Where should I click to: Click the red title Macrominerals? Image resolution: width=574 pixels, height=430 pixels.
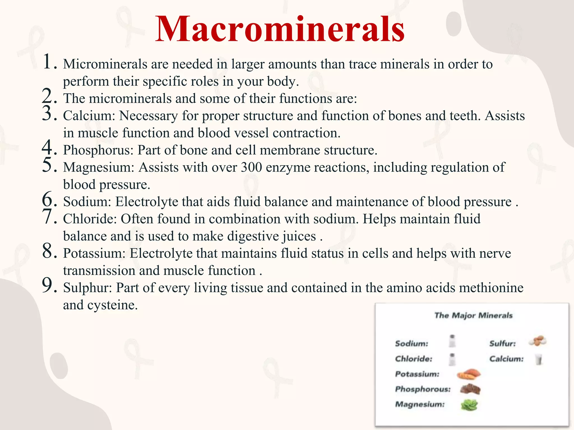pyautogui.click(x=280, y=29)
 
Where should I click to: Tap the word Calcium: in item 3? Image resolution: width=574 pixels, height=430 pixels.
pyautogui.click(x=89, y=116)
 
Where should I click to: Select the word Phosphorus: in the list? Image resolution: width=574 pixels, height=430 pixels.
pyautogui.click(x=98, y=150)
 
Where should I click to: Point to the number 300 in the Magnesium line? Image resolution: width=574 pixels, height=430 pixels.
pyautogui.click(x=251, y=167)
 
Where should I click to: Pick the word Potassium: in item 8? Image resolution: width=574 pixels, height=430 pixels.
pyautogui.click(x=94, y=254)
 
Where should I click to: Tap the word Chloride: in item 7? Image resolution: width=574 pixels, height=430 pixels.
pyautogui.click(x=90, y=219)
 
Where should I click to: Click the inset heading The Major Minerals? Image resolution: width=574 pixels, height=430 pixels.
pyautogui.click(x=473, y=316)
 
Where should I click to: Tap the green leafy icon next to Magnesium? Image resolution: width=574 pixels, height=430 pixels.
pyautogui.click(x=469, y=405)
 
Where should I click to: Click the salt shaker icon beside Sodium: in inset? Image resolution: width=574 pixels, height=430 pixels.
pyautogui.click(x=452, y=341)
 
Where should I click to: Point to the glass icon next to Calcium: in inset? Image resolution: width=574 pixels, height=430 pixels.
pyautogui.click(x=539, y=359)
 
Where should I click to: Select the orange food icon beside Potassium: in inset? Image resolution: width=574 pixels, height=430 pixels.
pyautogui.click(x=469, y=374)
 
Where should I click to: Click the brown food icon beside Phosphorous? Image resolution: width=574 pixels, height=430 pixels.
pyautogui.click(x=470, y=389)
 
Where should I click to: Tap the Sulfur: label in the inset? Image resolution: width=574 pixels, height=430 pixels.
pyautogui.click(x=503, y=343)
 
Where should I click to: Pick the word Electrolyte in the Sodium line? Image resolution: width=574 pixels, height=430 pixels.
pyautogui.click(x=147, y=202)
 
